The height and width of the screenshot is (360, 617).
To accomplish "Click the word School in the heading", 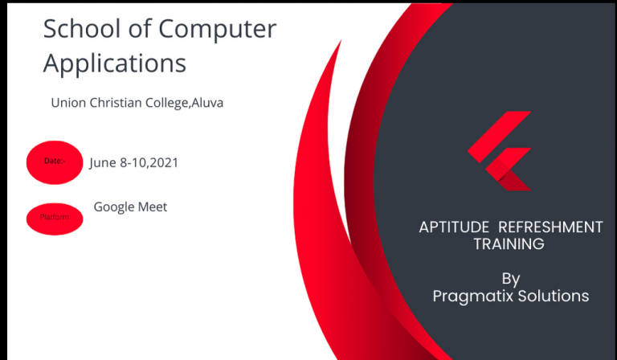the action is [x=82, y=28].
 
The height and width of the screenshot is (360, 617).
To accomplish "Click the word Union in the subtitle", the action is [x=68, y=103].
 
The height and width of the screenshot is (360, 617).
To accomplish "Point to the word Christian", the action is [x=116, y=103].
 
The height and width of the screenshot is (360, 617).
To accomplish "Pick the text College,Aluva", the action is [x=184, y=103].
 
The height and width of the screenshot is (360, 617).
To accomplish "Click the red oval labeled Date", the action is [x=55, y=162].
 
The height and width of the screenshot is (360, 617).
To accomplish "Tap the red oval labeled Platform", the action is [x=55, y=219].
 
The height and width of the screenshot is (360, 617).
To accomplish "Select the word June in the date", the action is [x=103, y=163].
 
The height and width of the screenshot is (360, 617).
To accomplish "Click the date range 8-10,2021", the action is [x=149, y=162].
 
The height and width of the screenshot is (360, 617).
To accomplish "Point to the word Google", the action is [x=114, y=207].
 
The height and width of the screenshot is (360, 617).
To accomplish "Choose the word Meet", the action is [x=153, y=207].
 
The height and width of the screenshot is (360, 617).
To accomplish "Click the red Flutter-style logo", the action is [x=500, y=151].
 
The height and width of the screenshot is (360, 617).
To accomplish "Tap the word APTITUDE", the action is [x=454, y=227].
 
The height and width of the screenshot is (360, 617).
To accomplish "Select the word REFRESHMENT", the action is [x=550, y=227].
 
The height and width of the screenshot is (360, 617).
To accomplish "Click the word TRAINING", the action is [x=509, y=244].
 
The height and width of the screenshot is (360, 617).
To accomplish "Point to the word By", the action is [x=511, y=280].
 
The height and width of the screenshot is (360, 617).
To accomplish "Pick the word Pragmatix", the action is [x=473, y=297].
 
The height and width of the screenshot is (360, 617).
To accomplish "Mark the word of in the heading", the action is [x=139, y=28].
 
